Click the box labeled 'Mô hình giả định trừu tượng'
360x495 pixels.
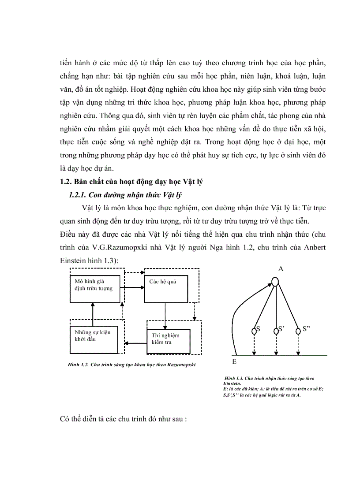(x=94, y=289)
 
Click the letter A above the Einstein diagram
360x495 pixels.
(x=281, y=268)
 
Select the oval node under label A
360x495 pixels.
(x=275, y=281)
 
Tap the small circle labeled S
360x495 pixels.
(x=254, y=330)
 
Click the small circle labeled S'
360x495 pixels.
(x=276, y=330)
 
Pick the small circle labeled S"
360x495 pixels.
(x=298, y=330)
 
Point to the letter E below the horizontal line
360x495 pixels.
(x=234, y=362)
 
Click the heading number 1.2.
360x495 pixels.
(x=65, y=182)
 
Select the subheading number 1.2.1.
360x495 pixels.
(x=78, y=195)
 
